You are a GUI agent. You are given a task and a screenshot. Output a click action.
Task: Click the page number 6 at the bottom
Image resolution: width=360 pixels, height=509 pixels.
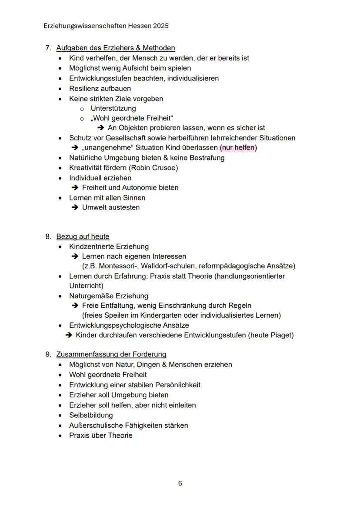point(180,483)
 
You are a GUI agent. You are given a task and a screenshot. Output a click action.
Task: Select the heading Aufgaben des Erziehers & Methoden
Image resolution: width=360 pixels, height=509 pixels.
point(116,48)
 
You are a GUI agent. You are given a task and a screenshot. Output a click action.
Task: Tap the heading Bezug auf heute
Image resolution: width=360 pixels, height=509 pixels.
point(83,236)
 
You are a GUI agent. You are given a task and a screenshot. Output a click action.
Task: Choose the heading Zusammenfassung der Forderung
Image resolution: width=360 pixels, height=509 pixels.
point(111,354)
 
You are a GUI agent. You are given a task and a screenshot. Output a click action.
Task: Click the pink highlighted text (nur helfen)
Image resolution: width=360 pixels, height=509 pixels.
point(238,148)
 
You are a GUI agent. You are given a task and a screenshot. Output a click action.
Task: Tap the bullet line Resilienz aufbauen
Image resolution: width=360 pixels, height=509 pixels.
point(100,89)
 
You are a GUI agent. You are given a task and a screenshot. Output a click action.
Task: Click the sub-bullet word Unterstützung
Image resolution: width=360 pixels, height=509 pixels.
point(113,108)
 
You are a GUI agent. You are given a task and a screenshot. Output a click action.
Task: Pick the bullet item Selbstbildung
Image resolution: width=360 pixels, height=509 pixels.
point(91,415)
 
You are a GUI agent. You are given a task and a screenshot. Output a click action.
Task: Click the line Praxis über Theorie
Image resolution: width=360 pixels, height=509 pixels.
point(101,435)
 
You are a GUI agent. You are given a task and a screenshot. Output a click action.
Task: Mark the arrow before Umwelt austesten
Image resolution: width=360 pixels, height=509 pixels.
point(74,207)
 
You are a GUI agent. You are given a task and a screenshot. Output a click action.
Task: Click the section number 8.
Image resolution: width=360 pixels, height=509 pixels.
point(48,236)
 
